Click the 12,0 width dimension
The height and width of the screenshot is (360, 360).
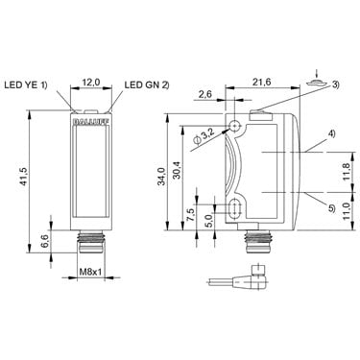[x=91, y=83]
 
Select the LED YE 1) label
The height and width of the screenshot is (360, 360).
[x=26, y=84]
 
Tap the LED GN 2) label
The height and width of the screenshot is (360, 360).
[x=147, y=84]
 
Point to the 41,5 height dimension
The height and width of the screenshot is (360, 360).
[x=24, y=177]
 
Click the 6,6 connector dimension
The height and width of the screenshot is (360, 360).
[x=45, y=241]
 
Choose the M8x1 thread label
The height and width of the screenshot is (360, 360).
[x=90, y=272]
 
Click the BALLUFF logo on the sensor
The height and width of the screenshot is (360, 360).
[x=91, y=122]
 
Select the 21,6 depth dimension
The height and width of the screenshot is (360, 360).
[x=262, y=83]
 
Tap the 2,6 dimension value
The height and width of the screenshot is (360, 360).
[x=205, y=94]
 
